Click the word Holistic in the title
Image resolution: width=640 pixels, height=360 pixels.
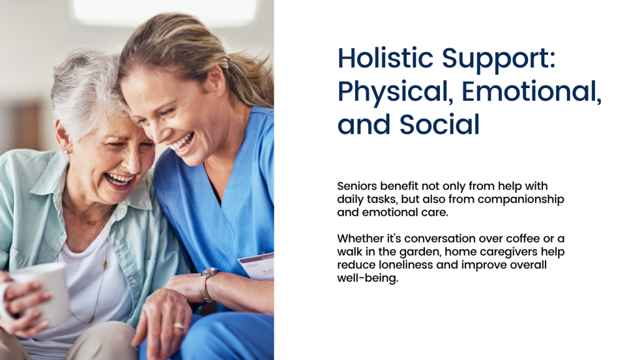coord(385,58)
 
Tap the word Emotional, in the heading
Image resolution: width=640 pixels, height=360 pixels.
coord(531,91)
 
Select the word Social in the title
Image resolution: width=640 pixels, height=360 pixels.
coord(439,124)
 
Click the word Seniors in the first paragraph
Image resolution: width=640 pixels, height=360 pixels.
coord(357,186)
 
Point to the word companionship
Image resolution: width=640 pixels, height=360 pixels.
coord(521,199)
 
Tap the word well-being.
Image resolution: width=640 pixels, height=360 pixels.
coord(367,278)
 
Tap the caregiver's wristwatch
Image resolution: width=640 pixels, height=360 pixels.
coord(207,283)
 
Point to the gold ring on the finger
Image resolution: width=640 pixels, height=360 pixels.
coord(178,326)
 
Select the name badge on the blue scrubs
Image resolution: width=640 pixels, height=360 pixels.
coord(256,266)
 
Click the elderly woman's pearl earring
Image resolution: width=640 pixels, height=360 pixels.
coord(65,152)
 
